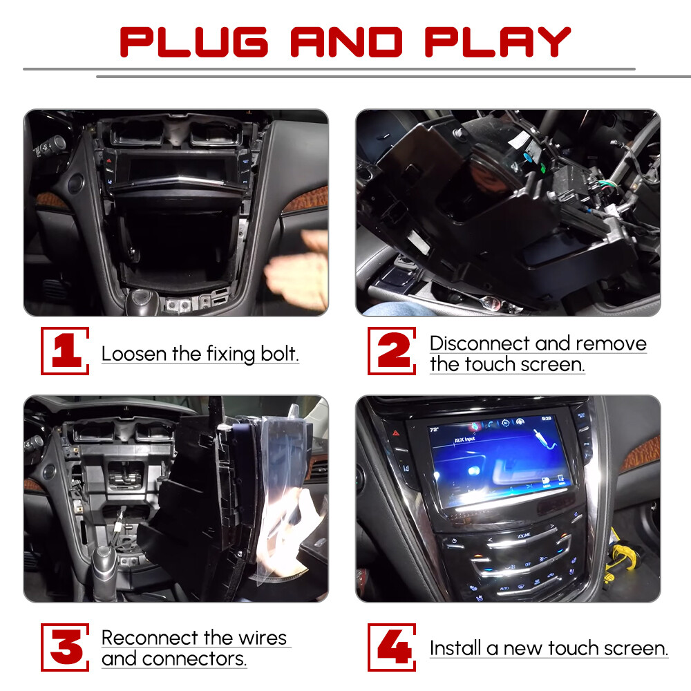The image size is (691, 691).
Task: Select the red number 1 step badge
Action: point(66,351)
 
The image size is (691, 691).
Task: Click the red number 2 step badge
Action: point(392,351)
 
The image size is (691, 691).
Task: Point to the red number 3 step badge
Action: point(66,647)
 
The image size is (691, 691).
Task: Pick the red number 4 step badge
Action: point(392,647)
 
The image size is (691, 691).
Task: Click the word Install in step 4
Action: point(455,648)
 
